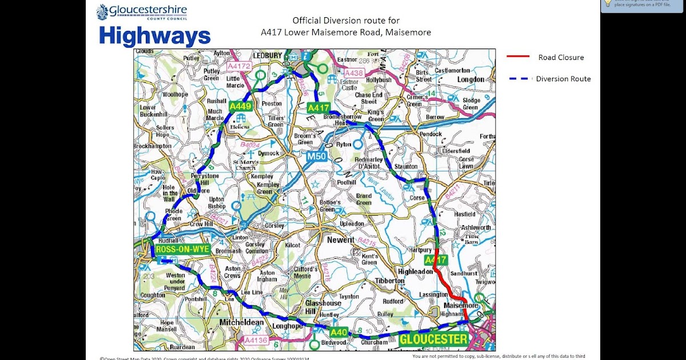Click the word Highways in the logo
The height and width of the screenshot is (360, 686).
[154, 36]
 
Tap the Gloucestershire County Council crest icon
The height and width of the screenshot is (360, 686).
[102, 12]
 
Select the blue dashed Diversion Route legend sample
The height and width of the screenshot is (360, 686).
[518, 79]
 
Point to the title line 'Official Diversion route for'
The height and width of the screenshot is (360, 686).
[346, 21]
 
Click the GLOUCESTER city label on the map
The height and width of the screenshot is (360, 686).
[433, 339]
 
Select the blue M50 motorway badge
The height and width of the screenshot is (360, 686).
[316, 156]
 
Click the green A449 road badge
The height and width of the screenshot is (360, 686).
[241, 106]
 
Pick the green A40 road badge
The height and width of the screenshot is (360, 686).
[338, 332]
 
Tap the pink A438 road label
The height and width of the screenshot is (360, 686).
[354, 73]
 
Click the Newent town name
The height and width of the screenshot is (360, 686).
[341, 240]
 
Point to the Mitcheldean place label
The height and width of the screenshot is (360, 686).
[242, 323]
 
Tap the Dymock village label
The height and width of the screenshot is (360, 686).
[268, 153]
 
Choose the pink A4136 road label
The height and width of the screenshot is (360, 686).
[256, 340]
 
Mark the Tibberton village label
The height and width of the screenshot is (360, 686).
[390, 281]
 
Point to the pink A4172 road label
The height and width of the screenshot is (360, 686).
[240, 66]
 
